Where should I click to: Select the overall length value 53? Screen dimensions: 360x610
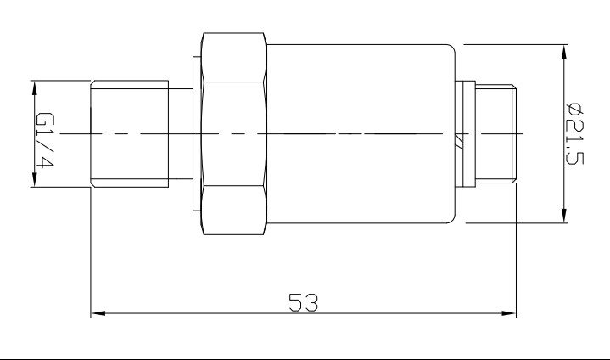coord(303,302)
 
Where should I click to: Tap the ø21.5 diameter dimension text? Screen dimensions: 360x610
coord(574,133)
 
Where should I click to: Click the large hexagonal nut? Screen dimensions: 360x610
coord(235,134)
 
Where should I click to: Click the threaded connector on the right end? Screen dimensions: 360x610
coord(496,133)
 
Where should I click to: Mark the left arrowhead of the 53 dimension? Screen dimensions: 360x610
coord(96,314)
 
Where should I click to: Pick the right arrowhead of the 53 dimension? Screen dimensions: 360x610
coord(511,314)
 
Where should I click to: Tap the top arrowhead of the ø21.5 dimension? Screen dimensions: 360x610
coord(564,50)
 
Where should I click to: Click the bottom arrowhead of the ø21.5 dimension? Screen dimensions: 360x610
coord(564,218)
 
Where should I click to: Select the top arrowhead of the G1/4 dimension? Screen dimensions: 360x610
coord(35,86)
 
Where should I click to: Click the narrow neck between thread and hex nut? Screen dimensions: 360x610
coord(181,134)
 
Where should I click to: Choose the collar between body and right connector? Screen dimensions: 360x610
coord(464,133)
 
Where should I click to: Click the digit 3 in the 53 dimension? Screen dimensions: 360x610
coord(311,302)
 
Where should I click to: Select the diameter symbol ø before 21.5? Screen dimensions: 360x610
coord(574,109)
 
